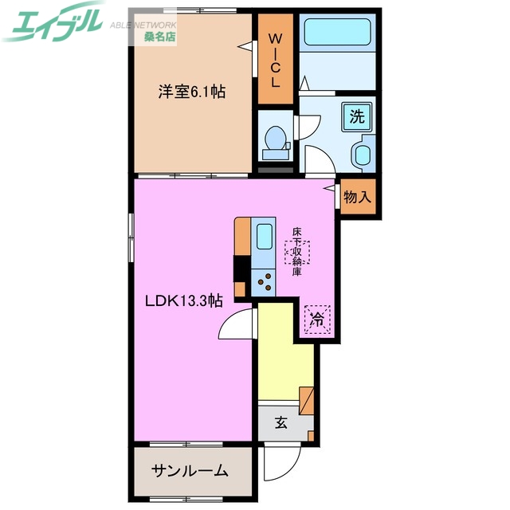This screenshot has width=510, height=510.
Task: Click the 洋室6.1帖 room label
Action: (191, 92)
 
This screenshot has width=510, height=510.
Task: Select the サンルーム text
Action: (190, 470)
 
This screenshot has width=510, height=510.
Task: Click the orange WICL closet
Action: (274, 61)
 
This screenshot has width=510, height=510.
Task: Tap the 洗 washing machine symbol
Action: (356, 116)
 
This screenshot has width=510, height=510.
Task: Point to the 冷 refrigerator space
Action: (317, 320)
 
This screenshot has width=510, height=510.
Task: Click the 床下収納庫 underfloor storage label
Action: (296, 253)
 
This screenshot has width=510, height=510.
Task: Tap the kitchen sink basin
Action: (263, 237)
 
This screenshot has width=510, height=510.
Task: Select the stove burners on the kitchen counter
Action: (263, 280)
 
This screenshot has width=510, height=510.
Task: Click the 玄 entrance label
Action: (281, 423)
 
